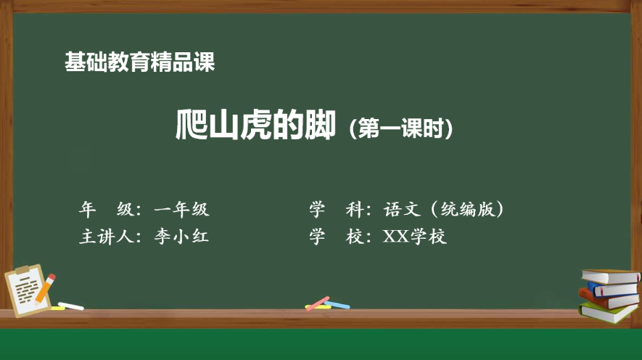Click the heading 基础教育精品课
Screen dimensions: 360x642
coord(139,63)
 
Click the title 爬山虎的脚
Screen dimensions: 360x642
coord(256,126)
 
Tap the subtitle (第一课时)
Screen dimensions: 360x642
coord(401,129)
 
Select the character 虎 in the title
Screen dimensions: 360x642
coord(255,126)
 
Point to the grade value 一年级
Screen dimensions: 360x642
coord(181,210)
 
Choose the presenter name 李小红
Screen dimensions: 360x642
coord(181,237)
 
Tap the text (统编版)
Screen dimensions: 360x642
coord(468,210)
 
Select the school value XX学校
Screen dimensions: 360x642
coord(415,237)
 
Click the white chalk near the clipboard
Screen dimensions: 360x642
coord(70,306)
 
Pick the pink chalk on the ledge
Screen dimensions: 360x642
coord(317,303)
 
